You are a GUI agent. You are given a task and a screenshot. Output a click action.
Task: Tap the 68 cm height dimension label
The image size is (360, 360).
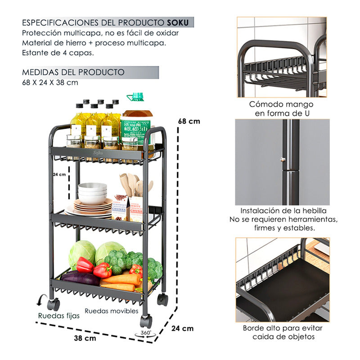tap(189, 121)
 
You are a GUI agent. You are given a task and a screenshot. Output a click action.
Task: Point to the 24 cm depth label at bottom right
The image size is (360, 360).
tap(182, 328)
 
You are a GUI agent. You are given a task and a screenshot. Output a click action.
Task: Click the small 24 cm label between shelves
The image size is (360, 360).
tap(59, 174)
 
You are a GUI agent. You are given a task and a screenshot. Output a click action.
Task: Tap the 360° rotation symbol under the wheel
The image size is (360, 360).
tap(145, 333)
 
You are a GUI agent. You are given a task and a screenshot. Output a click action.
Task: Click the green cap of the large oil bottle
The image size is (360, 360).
tap(135, 97)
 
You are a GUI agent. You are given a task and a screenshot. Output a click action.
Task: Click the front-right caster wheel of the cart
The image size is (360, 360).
tap(146, 321)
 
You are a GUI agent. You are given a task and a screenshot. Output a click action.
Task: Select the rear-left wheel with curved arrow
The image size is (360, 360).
tap(53, 304)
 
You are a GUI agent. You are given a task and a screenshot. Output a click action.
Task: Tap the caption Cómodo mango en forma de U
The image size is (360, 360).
tap(282, 109)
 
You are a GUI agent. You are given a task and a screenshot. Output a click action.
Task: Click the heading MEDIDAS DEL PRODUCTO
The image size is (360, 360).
tap(73, 72)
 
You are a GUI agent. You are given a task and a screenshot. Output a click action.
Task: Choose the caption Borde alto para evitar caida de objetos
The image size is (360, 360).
tap(282, 332)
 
